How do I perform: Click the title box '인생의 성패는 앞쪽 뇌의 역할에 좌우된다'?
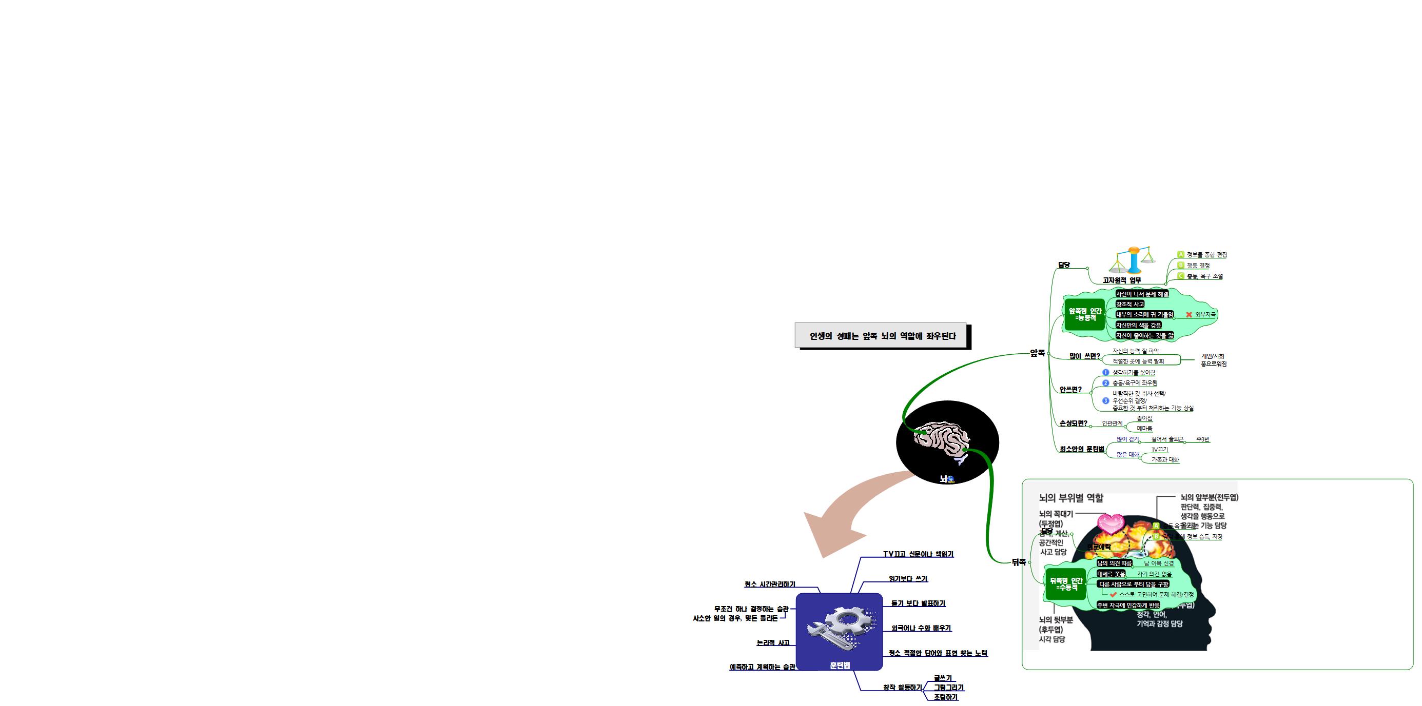(x=882, y=335)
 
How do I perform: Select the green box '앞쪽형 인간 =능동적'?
(x=1085, y=314)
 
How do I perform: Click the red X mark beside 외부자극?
(x=1189, y=314)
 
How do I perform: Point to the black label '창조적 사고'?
(x=1129, y=304)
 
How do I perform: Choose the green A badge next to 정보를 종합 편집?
(x=1181, y=255)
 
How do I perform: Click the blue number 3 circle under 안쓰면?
(x=1105, y=400)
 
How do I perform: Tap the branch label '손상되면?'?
(x=1073, y=423)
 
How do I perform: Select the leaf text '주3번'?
(x=1202, y=439)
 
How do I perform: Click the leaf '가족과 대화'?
(x=1165, y=459)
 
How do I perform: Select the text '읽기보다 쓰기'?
(x=908, y=578)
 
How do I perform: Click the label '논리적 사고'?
(x=773, y=642)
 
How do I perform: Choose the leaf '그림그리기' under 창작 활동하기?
(x=948, y=687)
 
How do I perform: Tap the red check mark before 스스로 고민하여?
(x=1114, y=595)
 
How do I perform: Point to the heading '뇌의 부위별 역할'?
(x=1071, y=497)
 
